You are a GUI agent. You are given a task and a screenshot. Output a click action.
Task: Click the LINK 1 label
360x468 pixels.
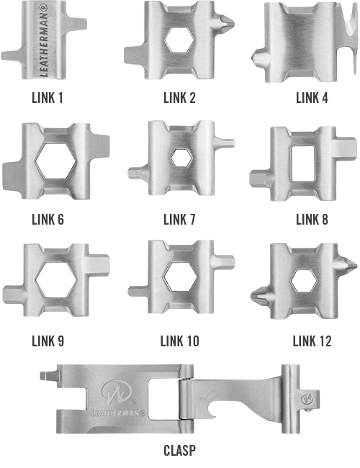click(x=48, y=98)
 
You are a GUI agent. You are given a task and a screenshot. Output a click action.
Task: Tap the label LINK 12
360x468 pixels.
click(x=312, y=341)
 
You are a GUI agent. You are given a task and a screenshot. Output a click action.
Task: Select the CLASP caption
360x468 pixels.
click(x=180, y=451)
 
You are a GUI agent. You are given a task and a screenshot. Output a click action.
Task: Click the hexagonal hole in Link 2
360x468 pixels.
click(x=180, y=40)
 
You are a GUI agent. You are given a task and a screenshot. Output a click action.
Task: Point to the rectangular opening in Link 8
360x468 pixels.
click(x=302, y=163)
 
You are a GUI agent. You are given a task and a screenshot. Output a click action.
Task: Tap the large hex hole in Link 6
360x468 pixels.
click(x=56, y=161)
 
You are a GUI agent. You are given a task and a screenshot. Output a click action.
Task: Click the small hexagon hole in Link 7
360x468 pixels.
click(x=181, y=158)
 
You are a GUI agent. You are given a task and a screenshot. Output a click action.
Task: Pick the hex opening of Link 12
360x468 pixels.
click(x=303, y=281)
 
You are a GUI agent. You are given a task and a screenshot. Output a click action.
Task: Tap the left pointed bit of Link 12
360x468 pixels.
click(x=260, y=296)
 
